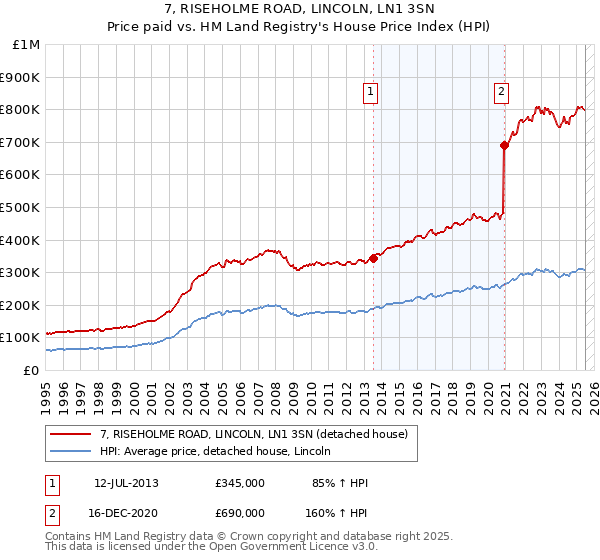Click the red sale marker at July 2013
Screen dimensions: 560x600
pyautogui.click(x=373, y=257)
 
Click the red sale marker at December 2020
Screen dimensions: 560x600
pyautogui.click(x=505, y=145)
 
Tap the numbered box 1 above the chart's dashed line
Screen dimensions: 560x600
pyautogui.click(x=370, y=92)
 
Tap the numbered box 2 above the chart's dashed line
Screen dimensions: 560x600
pyautogui.click(x=501, y=92)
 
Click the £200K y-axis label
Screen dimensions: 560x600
pyautogui.click(x=21, y=305)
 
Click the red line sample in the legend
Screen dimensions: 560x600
pyautogui.click(x=70, y=435)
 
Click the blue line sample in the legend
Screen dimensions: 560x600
pyautogui.click(x=70, y=452)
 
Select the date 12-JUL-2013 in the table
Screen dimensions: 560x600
pyautogui.click(x=126, y=483)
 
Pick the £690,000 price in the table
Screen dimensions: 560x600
pyautogui.click(x=239, y=512)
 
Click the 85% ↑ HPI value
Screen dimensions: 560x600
pyautogui.click(x=340, y=483)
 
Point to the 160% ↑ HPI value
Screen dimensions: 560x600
pyautogui.click(x=337, y=512)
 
